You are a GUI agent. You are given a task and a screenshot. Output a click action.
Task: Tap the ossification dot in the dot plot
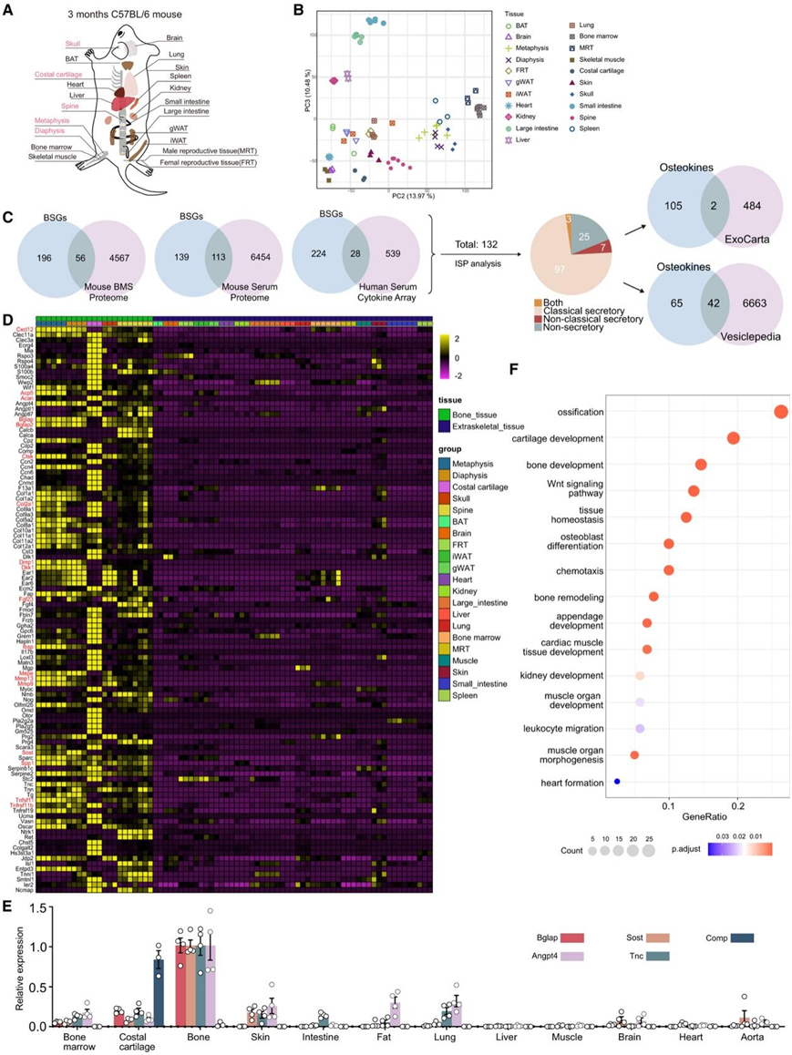(780, 412)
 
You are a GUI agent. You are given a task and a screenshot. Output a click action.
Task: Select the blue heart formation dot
(617, 782)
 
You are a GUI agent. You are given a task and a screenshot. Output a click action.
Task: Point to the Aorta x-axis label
(753, 1038)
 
